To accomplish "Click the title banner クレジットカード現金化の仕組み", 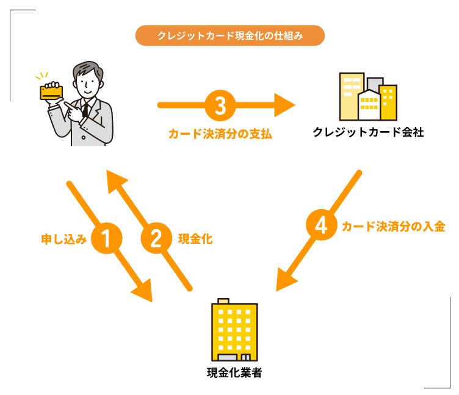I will click(x=229, y=36).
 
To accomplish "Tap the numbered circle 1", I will click(x=107, y=239).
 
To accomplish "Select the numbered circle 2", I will click(x=157, y=239).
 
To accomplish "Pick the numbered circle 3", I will click(x=220, y=105).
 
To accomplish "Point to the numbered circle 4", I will click(x=320, y=226).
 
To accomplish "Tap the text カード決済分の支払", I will click(x=220, y=133).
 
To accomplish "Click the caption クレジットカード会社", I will click(x=367, y=132).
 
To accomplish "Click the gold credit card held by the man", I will click(x=51, y=91).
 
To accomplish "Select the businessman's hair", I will click(x=85, y=69).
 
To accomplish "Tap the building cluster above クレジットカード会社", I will click(x=367, y=98).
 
